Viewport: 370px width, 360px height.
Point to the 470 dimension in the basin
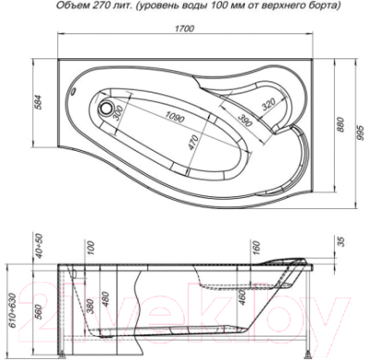click(x=191, y=143)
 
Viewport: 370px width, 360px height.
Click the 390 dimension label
click(x=244, y=122)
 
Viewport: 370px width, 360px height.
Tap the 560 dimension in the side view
click(x=42, y=312)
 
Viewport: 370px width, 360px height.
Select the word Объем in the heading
click(x=73, y=6)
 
